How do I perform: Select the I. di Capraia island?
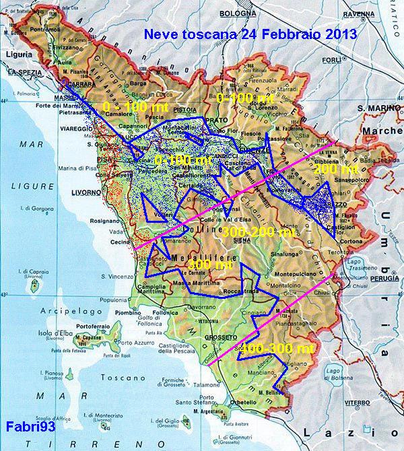point(30,285)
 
